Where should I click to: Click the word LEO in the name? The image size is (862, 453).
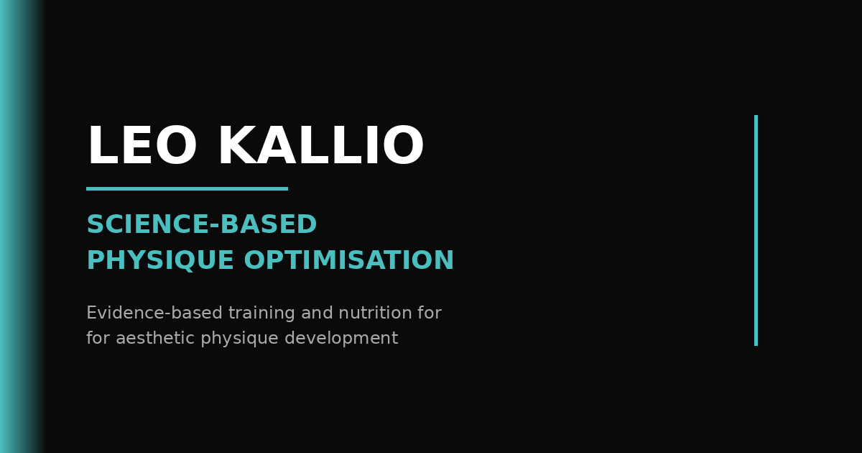click(x=142, y=145)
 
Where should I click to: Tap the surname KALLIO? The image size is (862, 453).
click(x=322, y=145)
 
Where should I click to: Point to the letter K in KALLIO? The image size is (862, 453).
click(x=238, y=145)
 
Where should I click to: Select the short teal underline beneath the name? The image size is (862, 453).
click(x=187, y=188)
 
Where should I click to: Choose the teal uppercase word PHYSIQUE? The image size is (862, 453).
click(x=160, y=260)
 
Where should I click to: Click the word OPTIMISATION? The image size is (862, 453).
click(x=349, y=260)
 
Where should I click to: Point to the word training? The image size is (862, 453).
click(x=261, y=314)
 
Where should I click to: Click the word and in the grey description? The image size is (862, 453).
click(x=317, y=312)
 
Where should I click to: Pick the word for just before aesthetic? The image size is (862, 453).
click(x=98, y=338)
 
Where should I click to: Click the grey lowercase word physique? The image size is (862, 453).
click(x=240, y=339)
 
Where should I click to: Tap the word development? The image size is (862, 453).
click(x=341, y=339)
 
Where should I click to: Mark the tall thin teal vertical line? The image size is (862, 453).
click(x=756, y=230)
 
